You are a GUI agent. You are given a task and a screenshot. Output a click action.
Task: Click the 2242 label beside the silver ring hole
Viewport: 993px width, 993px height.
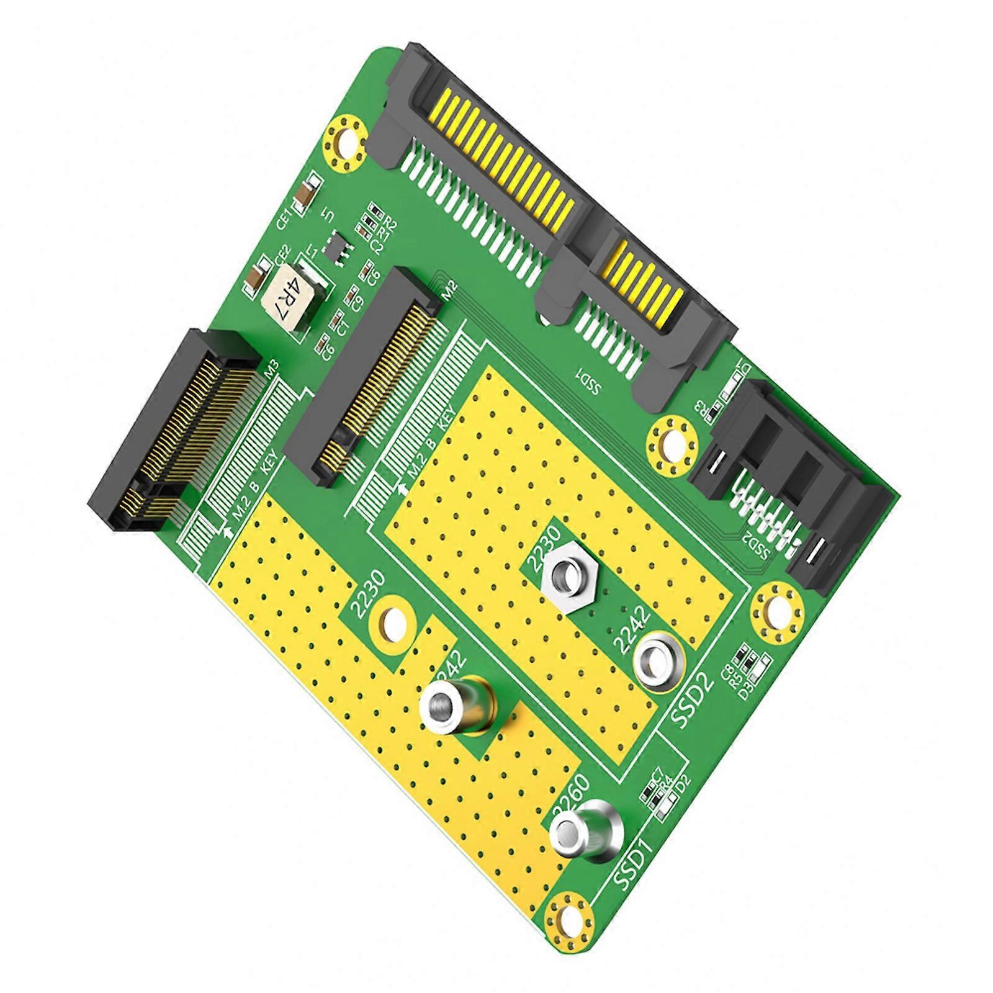632,629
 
